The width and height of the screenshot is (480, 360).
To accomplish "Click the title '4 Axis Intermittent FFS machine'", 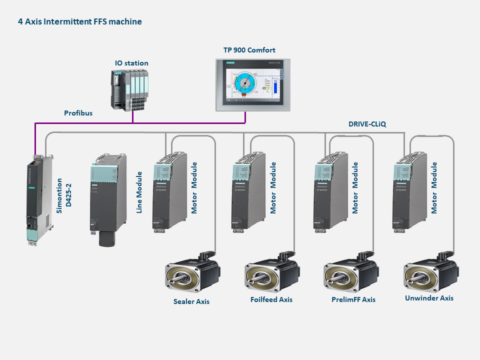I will pyautogui.click(x=80, y=22).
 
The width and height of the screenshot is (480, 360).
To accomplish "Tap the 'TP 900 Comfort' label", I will pyautogui.click(x=249, y=50).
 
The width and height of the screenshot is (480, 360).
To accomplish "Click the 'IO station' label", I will pyautogui.click(x=131, y=63).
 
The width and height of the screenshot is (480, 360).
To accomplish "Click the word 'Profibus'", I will pyautogui.click(x=78, y=113).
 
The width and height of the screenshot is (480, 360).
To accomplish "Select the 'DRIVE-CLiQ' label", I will pyautogui.click(x=367, y=123).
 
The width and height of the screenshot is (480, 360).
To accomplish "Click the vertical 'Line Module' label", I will pyautogui.click(x=140, y=192).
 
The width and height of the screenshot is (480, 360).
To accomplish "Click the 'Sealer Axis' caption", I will pyautogui.click(x=191, y=301).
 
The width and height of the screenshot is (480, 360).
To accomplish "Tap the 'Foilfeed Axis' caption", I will pyautogui.click(x=271, y=299).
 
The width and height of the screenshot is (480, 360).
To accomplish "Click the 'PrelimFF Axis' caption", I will pyautogui.click(x=353, y=299).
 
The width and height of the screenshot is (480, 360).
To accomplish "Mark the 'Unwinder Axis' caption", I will pyautogui.click(x=429, y=298).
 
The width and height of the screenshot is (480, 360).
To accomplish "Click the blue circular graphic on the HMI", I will pyautogui.click(x=245, y=82).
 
